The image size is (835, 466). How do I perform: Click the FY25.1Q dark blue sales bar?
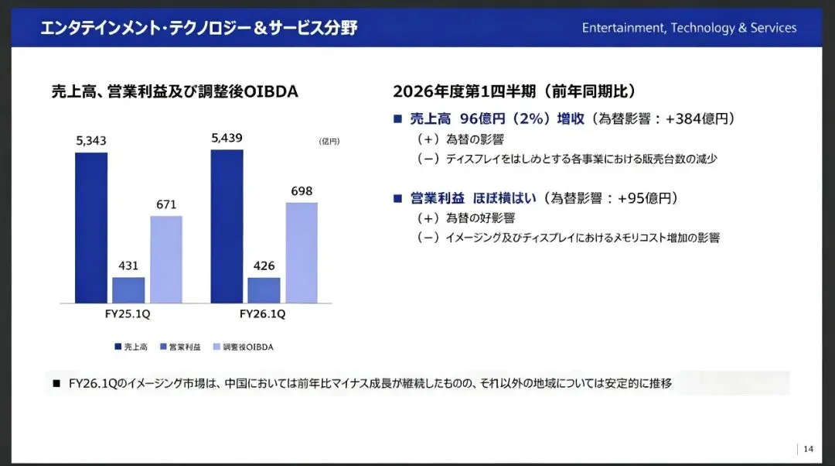(x=91, y=228)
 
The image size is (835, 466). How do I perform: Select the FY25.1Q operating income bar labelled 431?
(x=128, y=290)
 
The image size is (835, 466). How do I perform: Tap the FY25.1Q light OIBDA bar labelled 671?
(x=166, y=259)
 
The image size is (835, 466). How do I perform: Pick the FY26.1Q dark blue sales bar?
(x=227, y=226)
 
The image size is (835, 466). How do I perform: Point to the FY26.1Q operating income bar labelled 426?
(x=264, y=290)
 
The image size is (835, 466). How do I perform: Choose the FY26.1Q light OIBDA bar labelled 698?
(x=302, y=252)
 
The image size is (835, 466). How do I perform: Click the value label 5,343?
(x=91, y=141)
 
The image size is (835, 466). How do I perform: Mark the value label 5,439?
(x=227, y=138)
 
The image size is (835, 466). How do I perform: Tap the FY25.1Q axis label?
(x=128, y=314)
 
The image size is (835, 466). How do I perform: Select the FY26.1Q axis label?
(x=263, y=314)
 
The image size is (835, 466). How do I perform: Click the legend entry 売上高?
(x=131, y=347)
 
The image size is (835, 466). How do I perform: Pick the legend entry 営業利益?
(x=180, y=347)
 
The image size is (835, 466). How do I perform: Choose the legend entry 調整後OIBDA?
(x=244, y=347)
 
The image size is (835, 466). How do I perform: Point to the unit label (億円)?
(x=329, y=142)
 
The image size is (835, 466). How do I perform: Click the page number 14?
(x=809, y=449)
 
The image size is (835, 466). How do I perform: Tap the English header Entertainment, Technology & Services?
(x=689, y=28)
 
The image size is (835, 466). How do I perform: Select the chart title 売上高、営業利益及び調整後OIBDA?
(x=175, y=91)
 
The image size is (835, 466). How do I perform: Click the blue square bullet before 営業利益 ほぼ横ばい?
(x=397, y=199)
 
